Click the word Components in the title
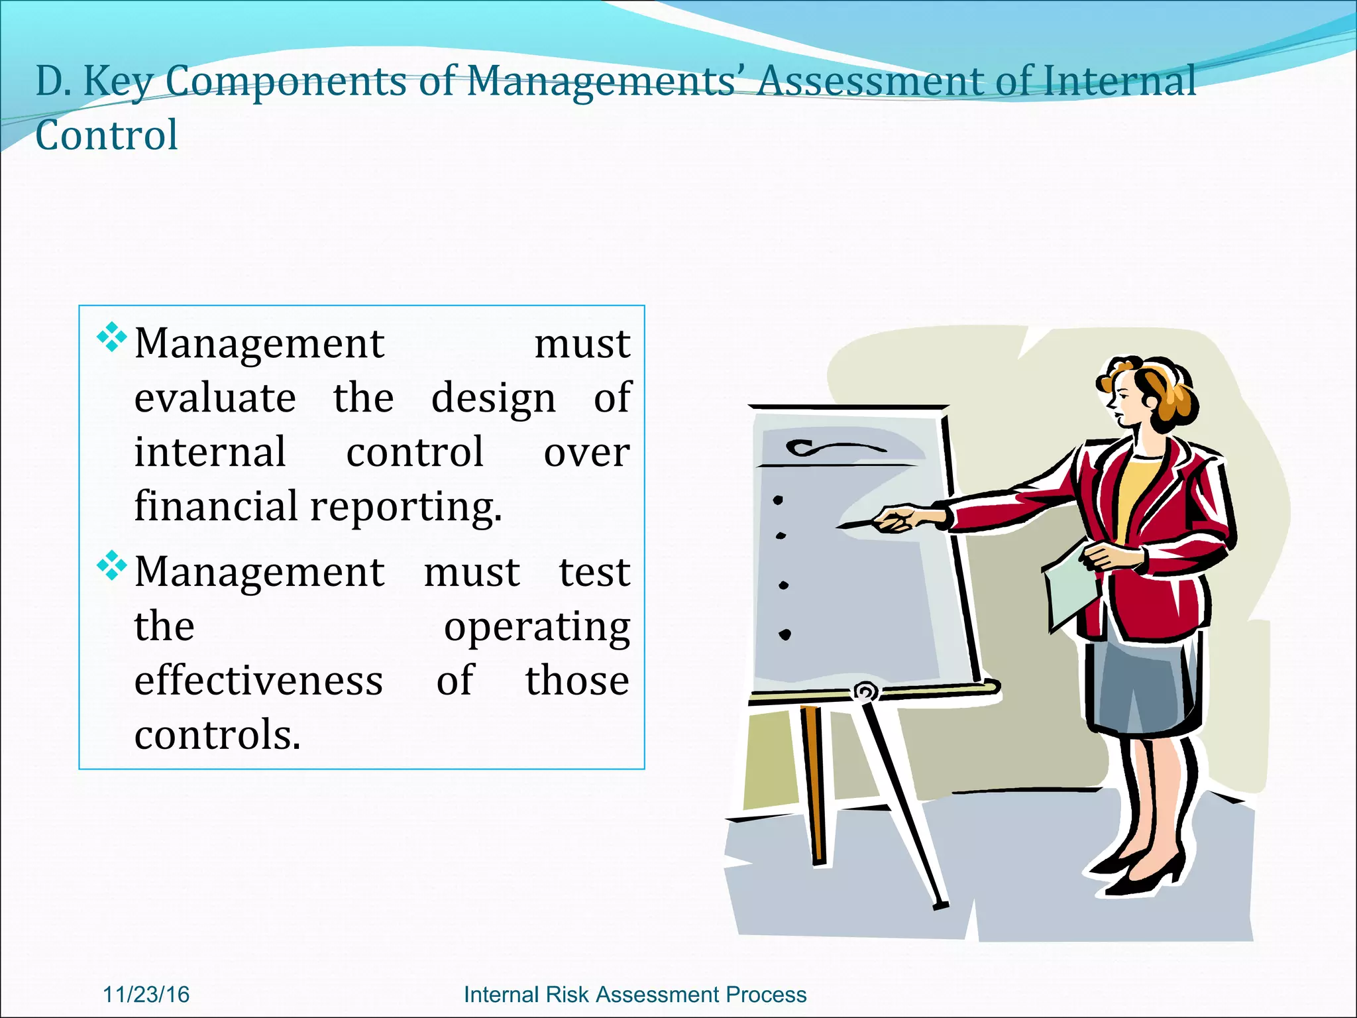coord(286,82)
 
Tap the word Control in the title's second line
coord(107,136)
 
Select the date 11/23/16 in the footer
coord(146,994)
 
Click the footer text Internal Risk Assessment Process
coord(635,994)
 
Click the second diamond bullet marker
coord(111,565)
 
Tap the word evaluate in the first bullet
coord(215,398)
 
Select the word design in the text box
coord(493,400)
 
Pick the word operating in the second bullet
coord(537,628)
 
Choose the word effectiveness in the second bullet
coord(258,681)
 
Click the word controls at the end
coord(217,735)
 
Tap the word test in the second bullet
coord(594,572)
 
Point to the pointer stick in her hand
coord(859,524)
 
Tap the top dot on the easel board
coord(778,500)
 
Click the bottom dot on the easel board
coord(785,634)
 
